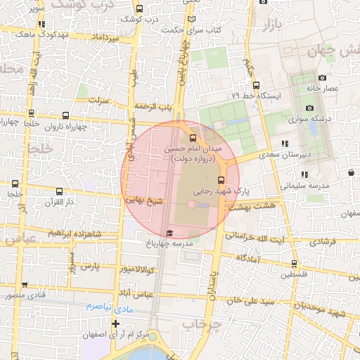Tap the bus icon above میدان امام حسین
pyautogui.click(x=194, y=138)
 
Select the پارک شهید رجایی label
pyautogui.click(x=222, y=191)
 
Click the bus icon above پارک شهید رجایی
pyautogui.click(x=221, y=179)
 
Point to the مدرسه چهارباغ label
pyautogui.click(x=169, y=244)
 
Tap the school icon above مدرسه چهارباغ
pyautogui.click(x=169, y=233)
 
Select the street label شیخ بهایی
pyautogui.click(x=145, y=200)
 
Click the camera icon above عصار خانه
pyautogui.click(x=322, y=77)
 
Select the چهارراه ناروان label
pyautogui.click(x=65, y=127)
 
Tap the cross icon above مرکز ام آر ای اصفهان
pyautogui.click(x=116, y=323)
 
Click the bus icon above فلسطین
pyautogui.click(x=294, y=264)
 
